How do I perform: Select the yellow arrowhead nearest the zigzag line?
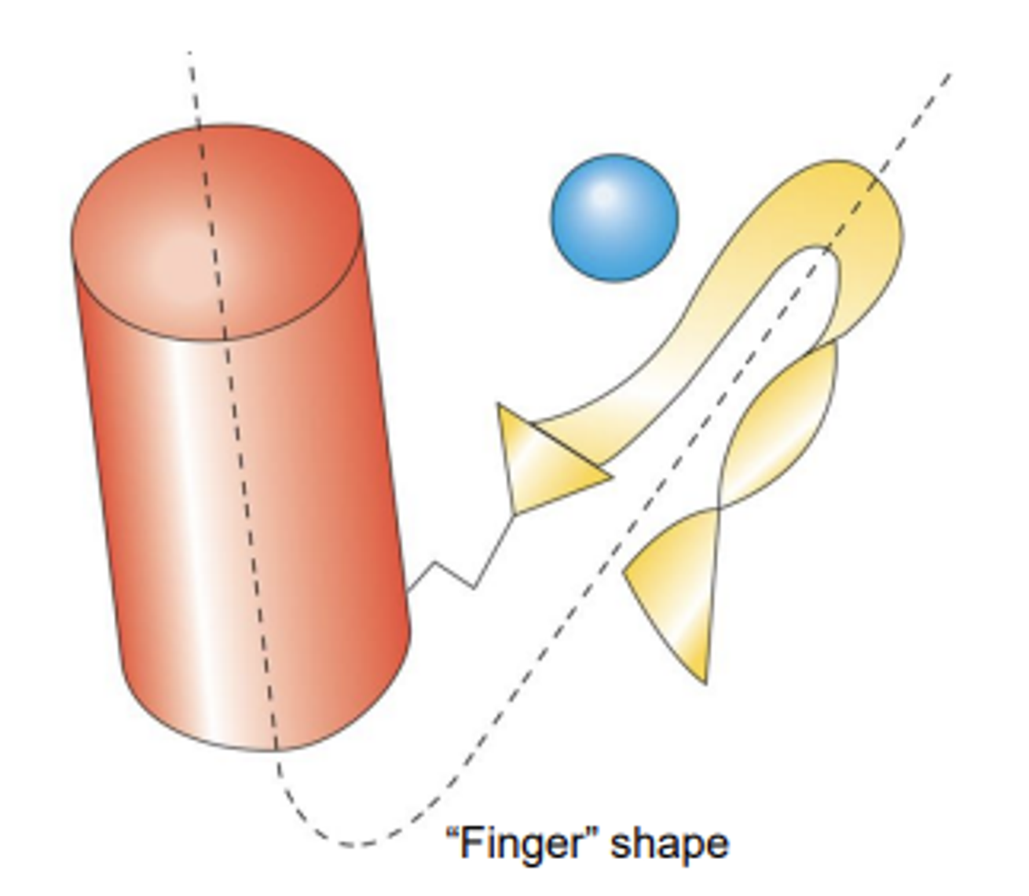tap(542, 464)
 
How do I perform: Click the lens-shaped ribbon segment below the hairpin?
tap(778, 424)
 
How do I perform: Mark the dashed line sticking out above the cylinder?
tap(193, 86)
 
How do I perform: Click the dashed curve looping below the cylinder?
tap(346, 844)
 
